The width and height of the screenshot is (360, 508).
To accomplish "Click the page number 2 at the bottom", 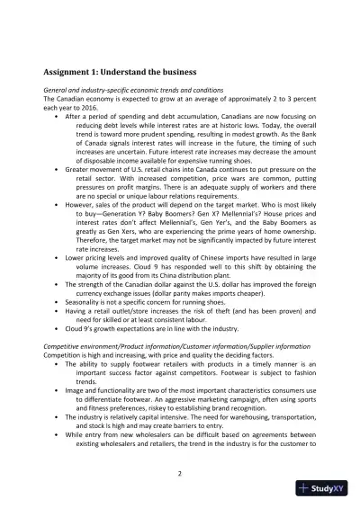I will pos(180,474).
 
